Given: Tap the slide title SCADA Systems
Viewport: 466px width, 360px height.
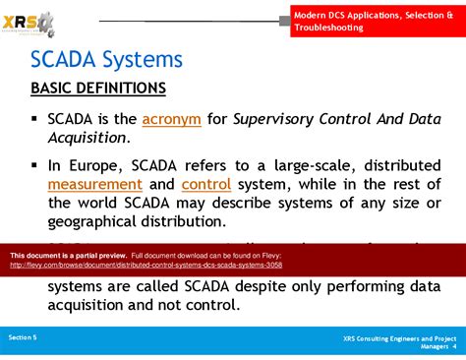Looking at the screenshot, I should (x=106, y=59).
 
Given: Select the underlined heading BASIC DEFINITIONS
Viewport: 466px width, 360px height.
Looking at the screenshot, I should (x=98, y=89).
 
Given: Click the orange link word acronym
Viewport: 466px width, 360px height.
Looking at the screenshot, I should (x=171, y=119).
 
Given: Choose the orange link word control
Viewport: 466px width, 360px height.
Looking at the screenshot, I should (x=206, y=184).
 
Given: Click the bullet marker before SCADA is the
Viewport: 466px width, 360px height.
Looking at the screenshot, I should (x=35, y=119).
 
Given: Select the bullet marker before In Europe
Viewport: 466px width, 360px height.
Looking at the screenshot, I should (x=35, y=164).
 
